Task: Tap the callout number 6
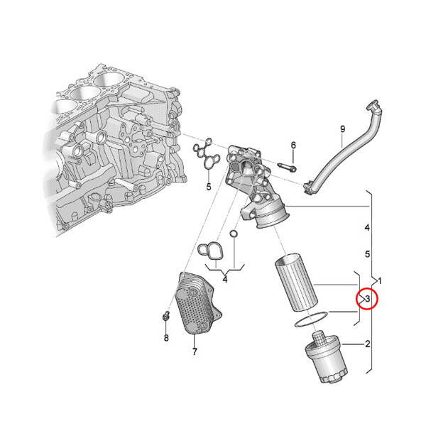coord(293,146)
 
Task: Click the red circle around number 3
coord(368,300)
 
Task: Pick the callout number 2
coord(368,345)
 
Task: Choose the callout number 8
coord(166,338)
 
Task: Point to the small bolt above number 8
coord(165,317)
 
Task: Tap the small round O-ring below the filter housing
coord(234,234)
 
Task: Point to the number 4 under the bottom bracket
coord(224,280)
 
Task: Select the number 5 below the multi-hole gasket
coord(209,187)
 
